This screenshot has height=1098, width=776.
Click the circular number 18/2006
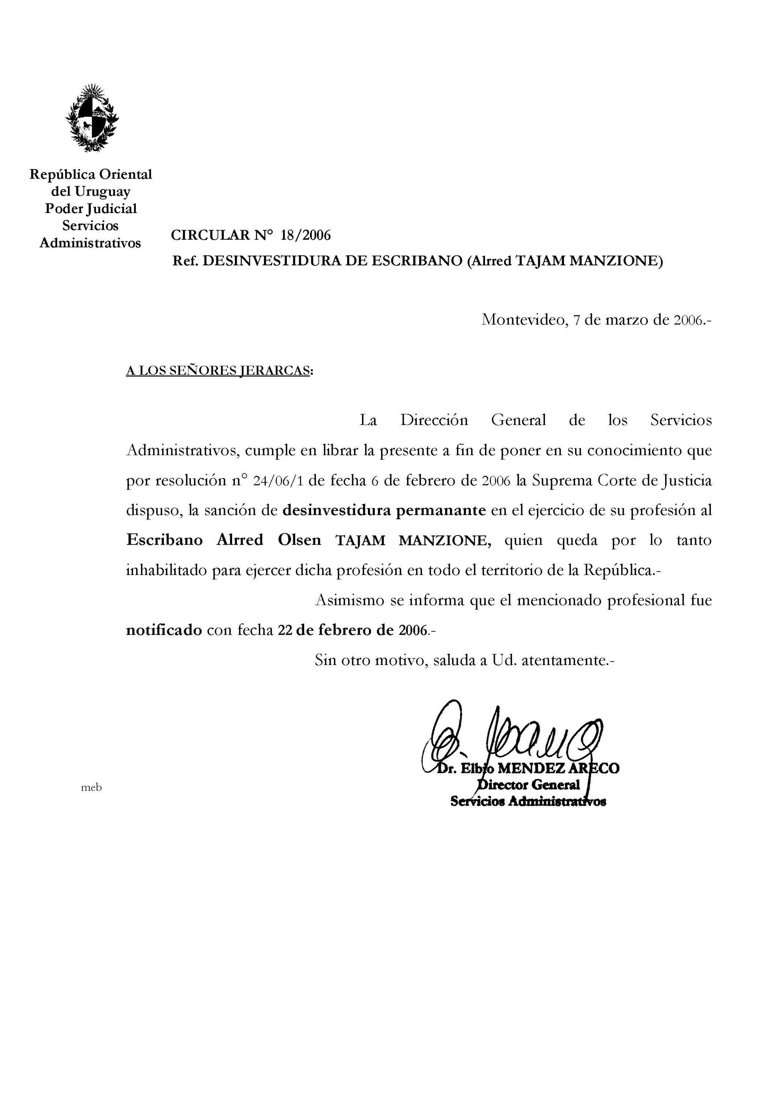(x=306, y=235)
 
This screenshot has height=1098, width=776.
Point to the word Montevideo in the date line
(x=523, y=319)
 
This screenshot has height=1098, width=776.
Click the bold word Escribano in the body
(x=164, y=540)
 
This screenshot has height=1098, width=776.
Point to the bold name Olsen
(x=299, y=540)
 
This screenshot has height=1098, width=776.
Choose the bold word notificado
(x=164, y=630)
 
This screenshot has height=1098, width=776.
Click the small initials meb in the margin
(x=91, y=787)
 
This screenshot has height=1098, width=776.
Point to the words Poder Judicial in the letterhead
(x=91, y=209)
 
